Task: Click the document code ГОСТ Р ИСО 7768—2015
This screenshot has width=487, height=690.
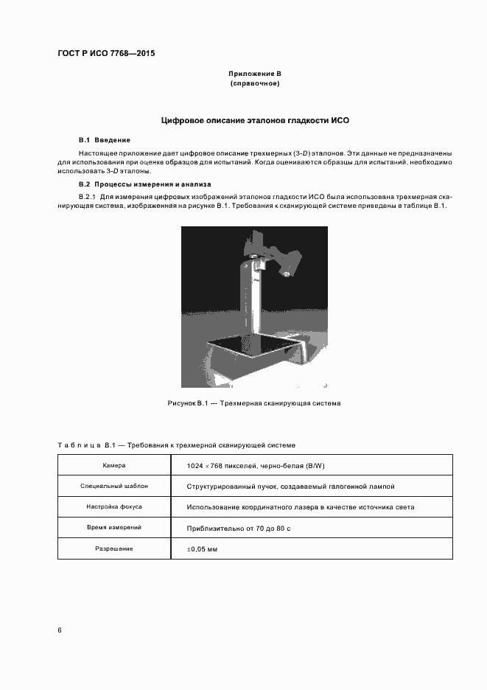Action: pos(105,54)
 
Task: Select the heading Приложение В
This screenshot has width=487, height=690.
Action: pos(255,74)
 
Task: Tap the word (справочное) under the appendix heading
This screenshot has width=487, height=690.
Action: pos(255,84)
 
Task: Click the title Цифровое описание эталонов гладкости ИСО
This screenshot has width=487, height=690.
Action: pos(255,119)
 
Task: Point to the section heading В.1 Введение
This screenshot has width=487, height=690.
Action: pos(105,139)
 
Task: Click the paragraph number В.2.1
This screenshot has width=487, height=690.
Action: pos(87,197)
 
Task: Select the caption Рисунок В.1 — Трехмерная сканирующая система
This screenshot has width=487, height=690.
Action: pos(254,403)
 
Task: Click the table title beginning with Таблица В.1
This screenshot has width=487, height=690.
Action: pos(176,445)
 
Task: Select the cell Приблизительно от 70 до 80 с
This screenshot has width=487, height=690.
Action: pos(238,529)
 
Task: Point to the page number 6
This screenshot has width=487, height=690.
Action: pos(60,630)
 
